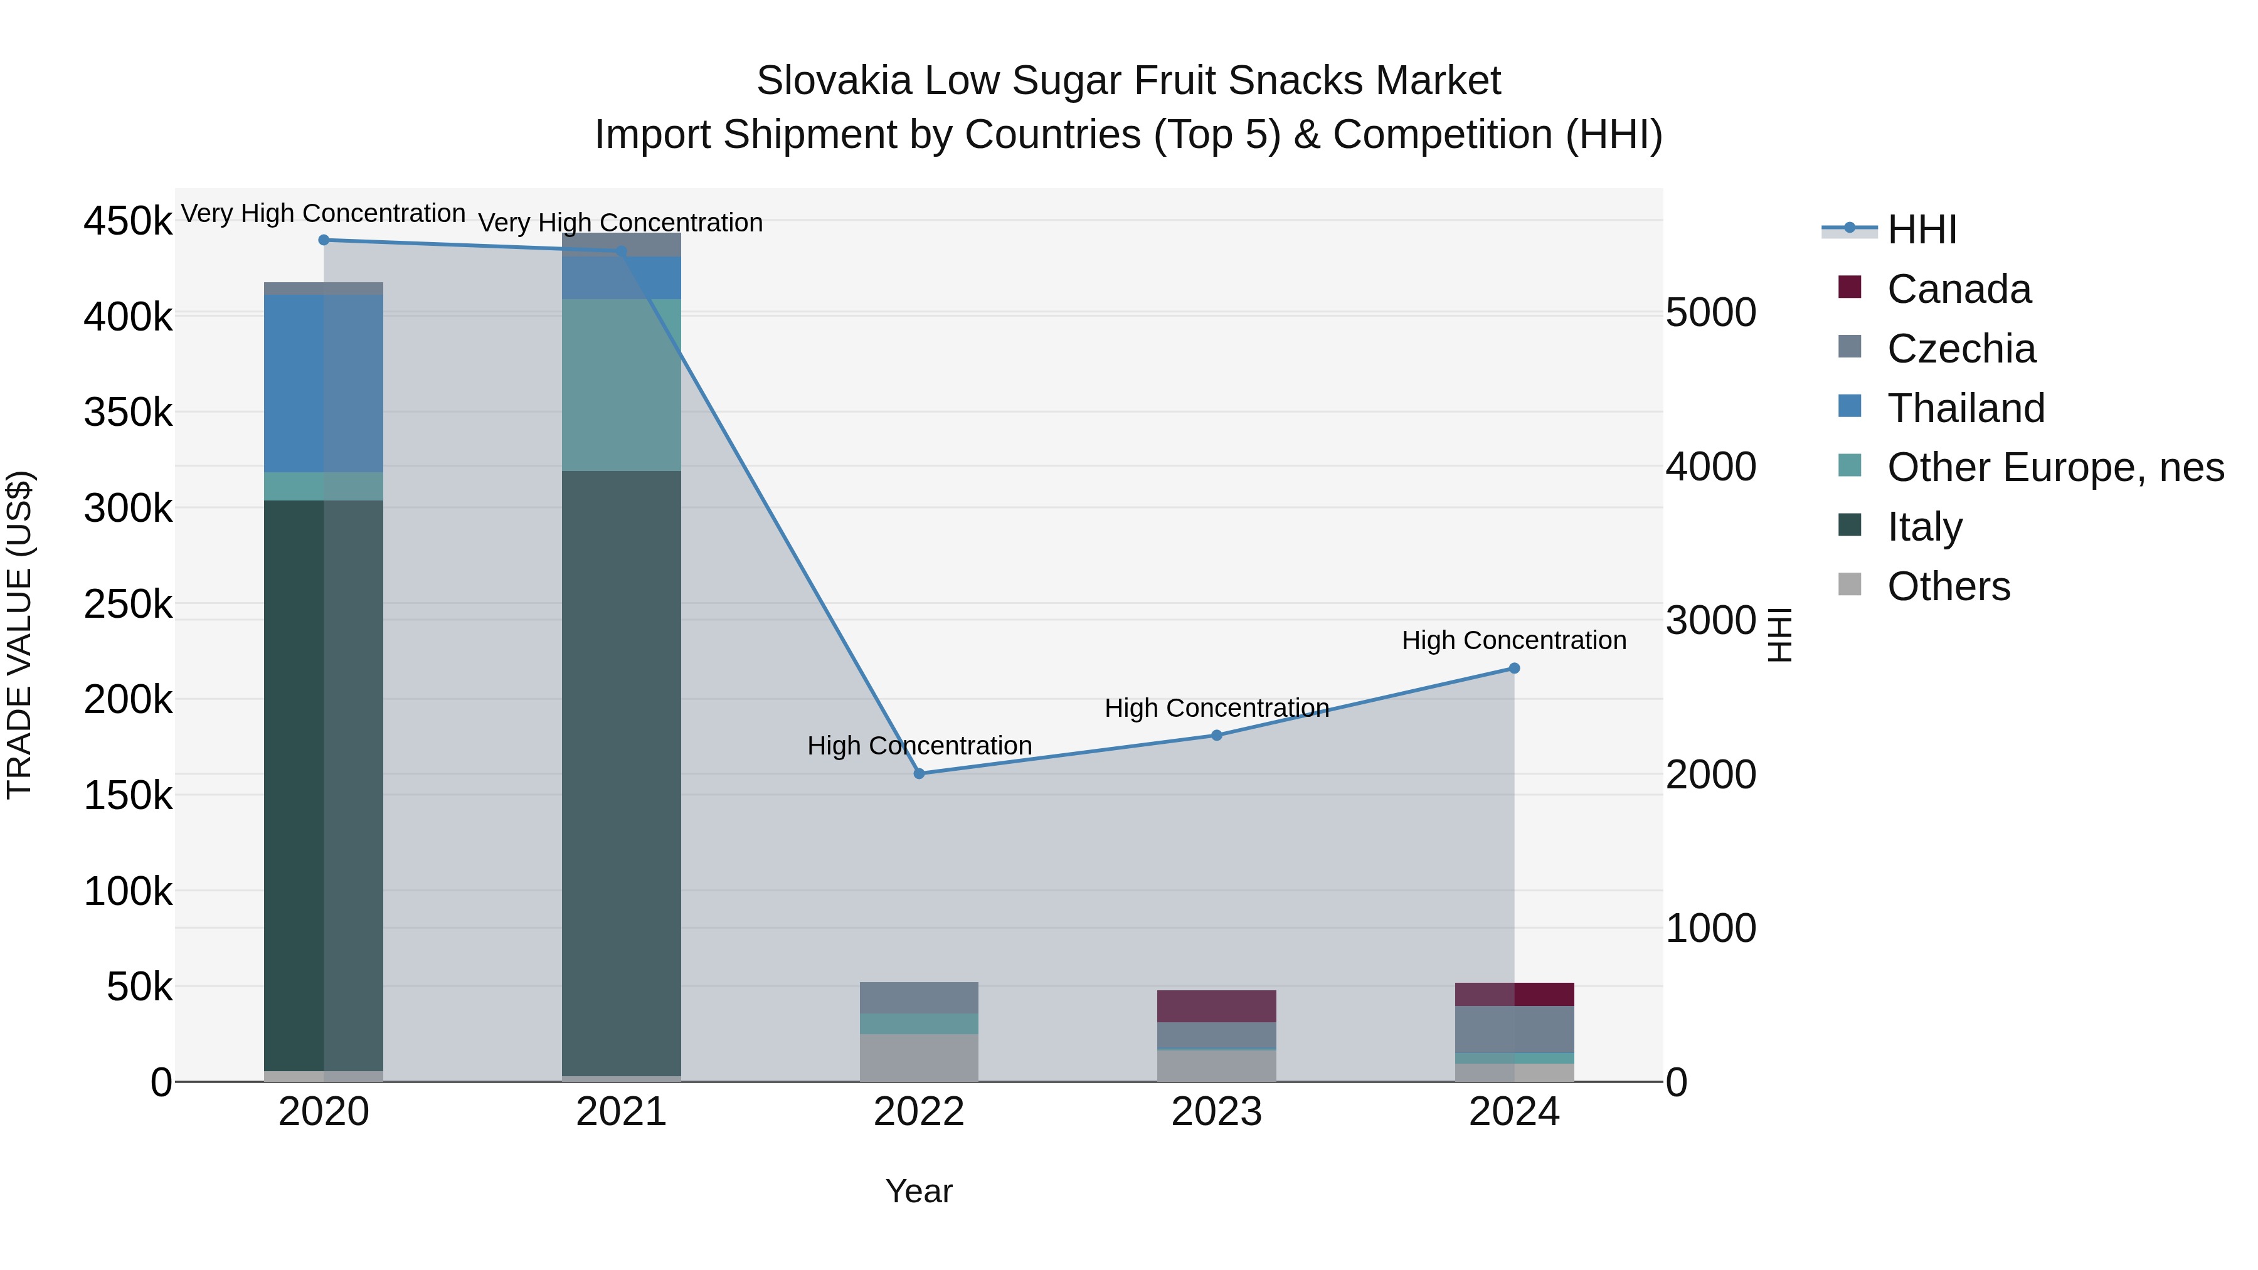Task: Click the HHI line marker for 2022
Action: point(919,773)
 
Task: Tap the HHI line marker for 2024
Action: point(1514,668)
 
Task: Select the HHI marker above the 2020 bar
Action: point(324,240)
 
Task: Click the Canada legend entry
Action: point(1958,289)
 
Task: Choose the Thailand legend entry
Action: point(1965,408)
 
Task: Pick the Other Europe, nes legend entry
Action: point(2055,468)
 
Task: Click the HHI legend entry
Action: point(1921,230)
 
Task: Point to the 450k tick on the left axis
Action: point(128,221)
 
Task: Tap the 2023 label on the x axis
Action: point(1216,1112)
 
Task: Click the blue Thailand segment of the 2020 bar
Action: point(324,384)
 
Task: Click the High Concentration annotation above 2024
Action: point(1514,641)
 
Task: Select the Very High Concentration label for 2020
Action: point(324,214)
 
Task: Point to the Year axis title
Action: point(919,1191)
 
